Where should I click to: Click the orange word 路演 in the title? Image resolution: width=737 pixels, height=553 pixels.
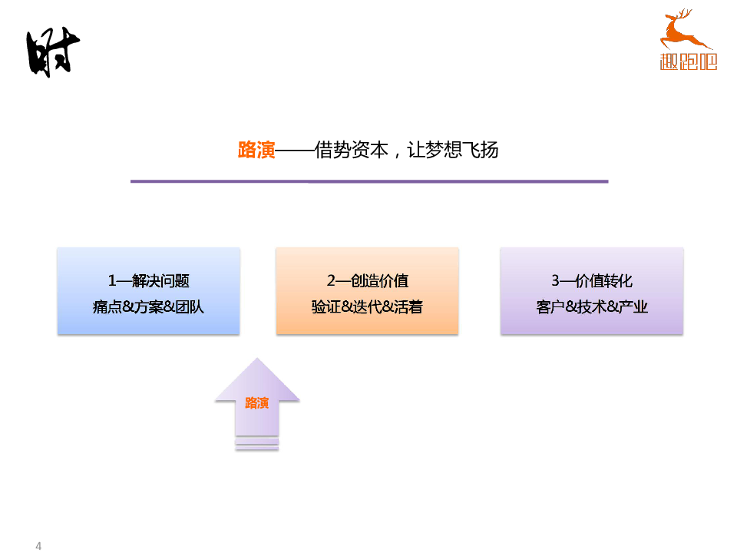pos(256,150)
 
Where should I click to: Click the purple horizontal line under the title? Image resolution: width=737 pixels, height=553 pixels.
pos(368,181)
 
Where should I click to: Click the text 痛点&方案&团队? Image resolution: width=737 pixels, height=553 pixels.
pos(148,307)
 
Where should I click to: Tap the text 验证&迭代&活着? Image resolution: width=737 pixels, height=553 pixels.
pos(367,307)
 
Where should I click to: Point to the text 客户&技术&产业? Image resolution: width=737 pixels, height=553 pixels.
pos(591,307)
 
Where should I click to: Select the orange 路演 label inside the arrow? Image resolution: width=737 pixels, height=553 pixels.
pos(256,403)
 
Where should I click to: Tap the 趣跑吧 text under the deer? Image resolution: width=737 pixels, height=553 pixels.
pos(688,62)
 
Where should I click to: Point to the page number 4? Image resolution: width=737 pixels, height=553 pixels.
pos(38,545)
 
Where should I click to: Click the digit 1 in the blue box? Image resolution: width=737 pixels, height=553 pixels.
pos(112,281)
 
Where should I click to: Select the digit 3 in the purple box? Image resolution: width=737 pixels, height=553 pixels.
pos(555,281)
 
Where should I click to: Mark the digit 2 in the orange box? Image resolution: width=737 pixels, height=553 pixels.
pos(331,281)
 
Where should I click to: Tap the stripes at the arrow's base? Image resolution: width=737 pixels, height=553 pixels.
pos(256,443)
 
